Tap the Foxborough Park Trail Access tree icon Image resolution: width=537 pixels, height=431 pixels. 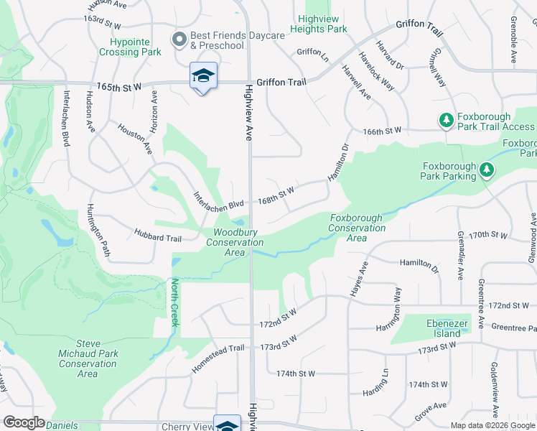pos(446,119)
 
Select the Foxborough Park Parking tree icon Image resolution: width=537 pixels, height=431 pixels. pos(487,170)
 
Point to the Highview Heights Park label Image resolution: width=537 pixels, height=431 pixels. pos(319,24)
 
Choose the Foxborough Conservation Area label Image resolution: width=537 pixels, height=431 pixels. pos(357,223)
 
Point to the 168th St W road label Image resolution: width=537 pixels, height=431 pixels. pos(277,192)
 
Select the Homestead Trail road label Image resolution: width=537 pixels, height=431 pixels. pos(218,357)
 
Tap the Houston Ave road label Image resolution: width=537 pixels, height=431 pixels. pos(136,139)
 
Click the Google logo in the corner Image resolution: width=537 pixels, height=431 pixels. pos(24,422)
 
